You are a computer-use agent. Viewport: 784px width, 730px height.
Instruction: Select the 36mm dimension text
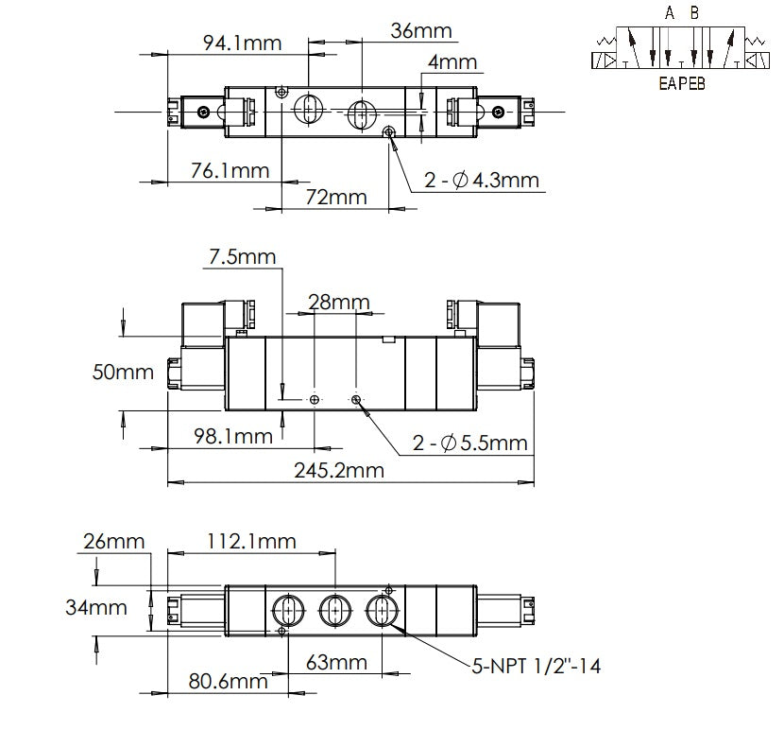click(421, 30)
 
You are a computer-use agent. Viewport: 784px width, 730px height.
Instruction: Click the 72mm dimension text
click(334, 197)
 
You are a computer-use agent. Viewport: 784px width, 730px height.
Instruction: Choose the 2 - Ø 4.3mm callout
click(481, 180)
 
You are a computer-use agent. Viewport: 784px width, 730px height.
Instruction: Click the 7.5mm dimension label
click(243, 257)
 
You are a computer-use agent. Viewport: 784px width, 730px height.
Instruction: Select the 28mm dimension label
click(337, 302)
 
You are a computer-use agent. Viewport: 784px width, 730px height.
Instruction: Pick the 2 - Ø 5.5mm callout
click(469, 443)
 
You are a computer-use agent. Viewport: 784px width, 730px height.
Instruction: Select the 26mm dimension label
click(113, 541)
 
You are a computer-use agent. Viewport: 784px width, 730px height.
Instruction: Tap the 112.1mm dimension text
click(252, 541)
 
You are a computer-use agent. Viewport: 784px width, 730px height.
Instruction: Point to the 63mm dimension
click(336, 662)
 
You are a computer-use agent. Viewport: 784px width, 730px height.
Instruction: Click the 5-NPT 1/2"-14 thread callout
click(536, 667)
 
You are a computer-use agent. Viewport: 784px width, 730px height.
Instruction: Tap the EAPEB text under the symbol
click(681, 82)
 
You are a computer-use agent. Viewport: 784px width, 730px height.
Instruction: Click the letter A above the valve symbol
click(670, 13)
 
